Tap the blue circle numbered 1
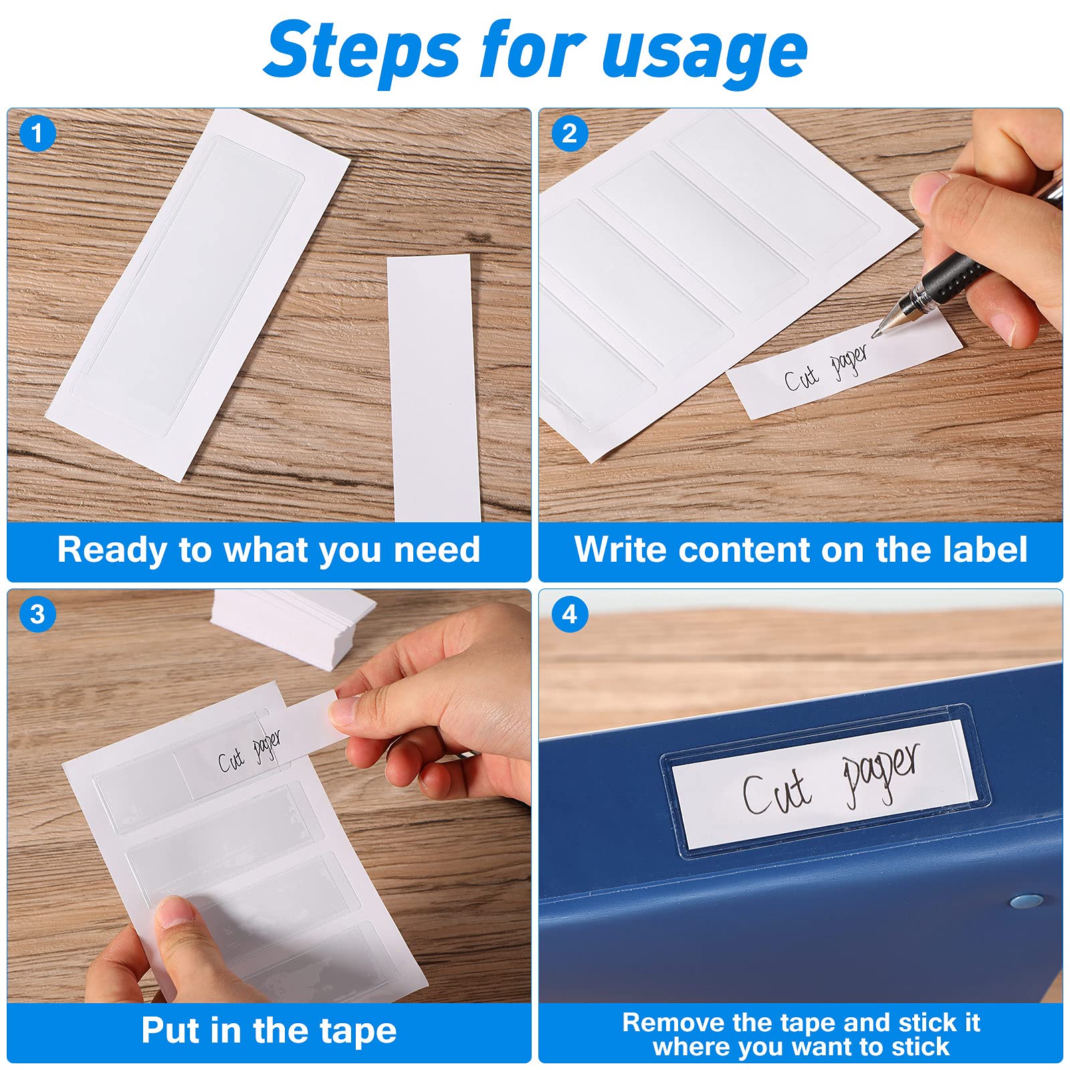[37, 133]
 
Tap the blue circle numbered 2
[569, 133]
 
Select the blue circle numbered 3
[37, 613]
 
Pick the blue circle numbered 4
[569, 613]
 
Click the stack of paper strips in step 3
[294, 622]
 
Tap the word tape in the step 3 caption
[357, 1031]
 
